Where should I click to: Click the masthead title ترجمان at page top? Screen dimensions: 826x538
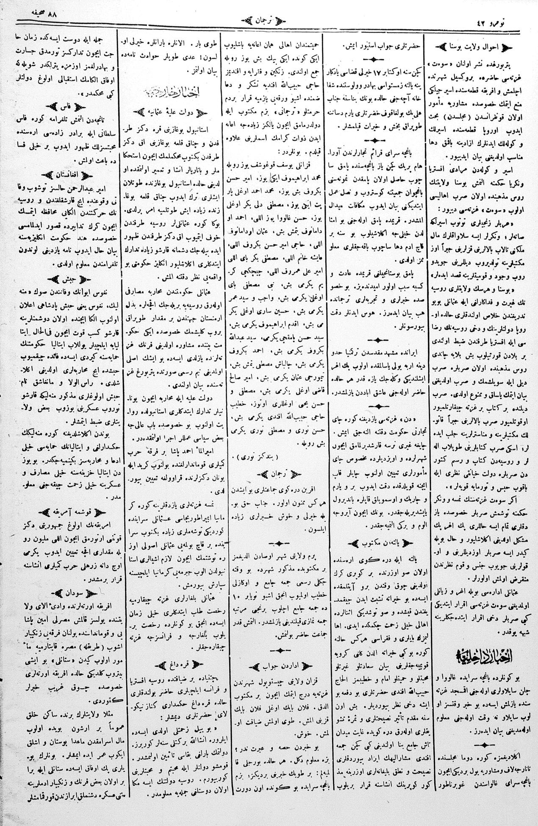(269, 19)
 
